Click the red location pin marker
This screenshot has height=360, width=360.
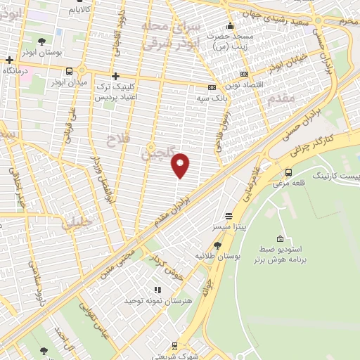click(181, 165)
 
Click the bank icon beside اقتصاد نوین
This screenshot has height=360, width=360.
click(244, 74)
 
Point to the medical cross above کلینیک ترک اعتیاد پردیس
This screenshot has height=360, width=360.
click(116, 75)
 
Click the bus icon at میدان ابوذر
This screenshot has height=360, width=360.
click(69, 71)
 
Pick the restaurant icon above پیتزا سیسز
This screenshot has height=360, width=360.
click(229, 216)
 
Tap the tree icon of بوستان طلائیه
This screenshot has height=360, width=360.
click(217, 245)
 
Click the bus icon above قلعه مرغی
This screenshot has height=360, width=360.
click(288, 172)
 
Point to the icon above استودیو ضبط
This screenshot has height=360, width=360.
click(281, 238)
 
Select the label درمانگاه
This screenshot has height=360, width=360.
click(19, 71)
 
